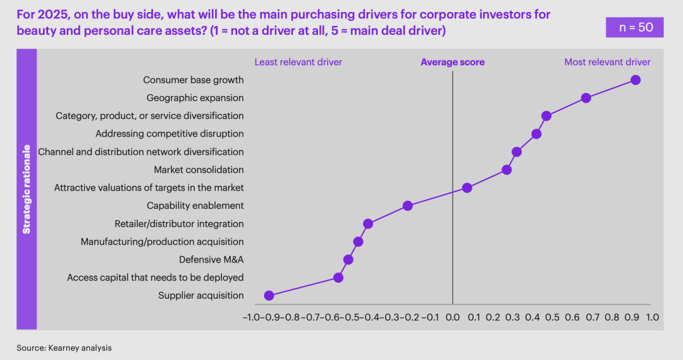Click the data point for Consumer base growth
636,80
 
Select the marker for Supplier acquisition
269,295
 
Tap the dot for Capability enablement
407,206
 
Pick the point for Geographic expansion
586,98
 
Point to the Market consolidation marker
507,170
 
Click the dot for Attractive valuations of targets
467,188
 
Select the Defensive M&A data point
348,259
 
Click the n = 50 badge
634,27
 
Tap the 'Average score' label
452,62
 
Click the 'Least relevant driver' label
298,62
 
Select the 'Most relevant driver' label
607,62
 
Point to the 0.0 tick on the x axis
452,316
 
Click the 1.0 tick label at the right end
651,316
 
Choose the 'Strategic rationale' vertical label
27,189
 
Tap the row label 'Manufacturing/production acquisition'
162,242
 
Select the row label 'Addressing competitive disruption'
169,133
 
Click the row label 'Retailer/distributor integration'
179,224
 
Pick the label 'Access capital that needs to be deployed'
155,278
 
